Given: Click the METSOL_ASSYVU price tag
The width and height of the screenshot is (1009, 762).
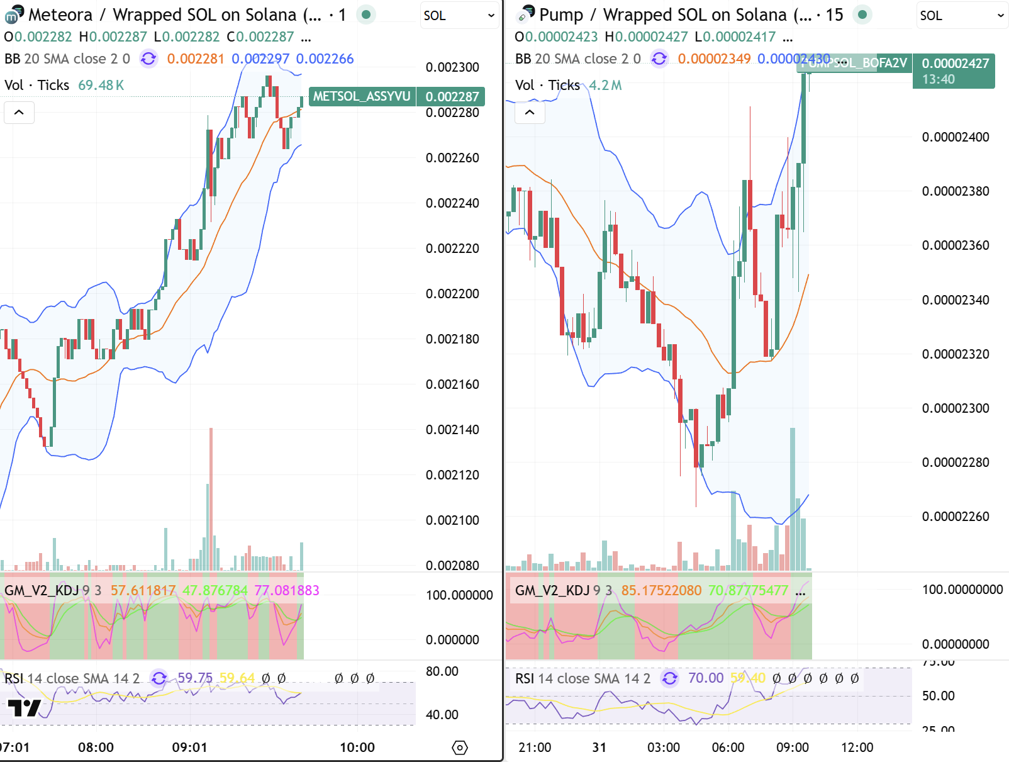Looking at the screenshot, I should tap(362, 96).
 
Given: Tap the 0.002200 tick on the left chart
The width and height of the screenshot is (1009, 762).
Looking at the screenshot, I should tap(452, 294).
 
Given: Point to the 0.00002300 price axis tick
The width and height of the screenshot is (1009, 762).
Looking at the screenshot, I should tap(955, 408).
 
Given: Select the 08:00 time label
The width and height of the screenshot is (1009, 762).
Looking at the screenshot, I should tap(96, 748).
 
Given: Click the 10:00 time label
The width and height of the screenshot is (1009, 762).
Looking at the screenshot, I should tap(357, 748).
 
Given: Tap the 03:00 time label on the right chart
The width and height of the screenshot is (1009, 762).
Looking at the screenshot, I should tap(664, 748).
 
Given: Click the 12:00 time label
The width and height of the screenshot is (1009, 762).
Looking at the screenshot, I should tap(857, 748).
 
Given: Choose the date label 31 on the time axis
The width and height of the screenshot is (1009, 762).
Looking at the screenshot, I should tap(599, 748).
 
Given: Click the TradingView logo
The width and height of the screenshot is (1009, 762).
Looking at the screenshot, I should tap(25, 708).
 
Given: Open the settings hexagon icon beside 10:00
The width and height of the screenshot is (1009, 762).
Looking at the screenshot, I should tap(460, 748).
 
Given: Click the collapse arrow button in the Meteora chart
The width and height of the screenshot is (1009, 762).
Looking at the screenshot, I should tap(19, 113).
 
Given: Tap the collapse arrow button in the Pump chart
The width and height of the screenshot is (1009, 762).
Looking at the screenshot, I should tap(530, 113).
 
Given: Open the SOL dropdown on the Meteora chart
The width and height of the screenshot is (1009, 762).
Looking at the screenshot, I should tap(459, 16).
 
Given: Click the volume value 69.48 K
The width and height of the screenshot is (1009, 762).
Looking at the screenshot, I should tap(101, 85).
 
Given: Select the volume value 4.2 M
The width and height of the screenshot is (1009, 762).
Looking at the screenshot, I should tap(605, 85).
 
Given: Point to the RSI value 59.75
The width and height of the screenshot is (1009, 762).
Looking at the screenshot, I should tap(195, 678).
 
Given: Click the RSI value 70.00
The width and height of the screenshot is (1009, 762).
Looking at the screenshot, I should tap(706, 678).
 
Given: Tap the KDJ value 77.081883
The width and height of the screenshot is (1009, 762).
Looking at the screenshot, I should tap(287, 590).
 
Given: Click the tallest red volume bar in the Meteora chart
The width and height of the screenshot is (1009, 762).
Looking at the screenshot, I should tap(211, 497).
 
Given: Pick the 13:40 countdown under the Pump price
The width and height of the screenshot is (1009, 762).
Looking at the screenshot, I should tap(938, 79).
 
